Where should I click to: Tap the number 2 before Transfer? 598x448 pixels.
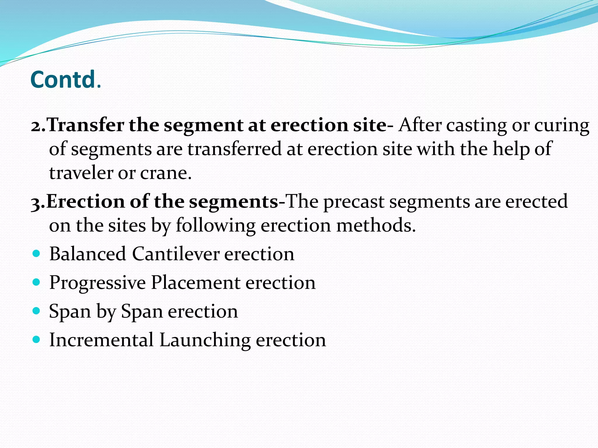click(x=36, y=126)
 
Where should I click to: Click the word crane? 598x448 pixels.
click(x=166, y=173)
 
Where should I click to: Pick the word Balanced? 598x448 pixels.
click(x=88, y=253)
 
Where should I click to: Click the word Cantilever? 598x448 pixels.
click(x=175, y=253)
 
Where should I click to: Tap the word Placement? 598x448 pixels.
click(x=196, y=282)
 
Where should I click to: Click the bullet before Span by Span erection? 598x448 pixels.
click(x=36, y=311)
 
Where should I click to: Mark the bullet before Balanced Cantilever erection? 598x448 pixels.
click(x=36, y=254)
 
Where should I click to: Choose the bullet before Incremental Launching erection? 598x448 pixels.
click(x=36, y=340)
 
